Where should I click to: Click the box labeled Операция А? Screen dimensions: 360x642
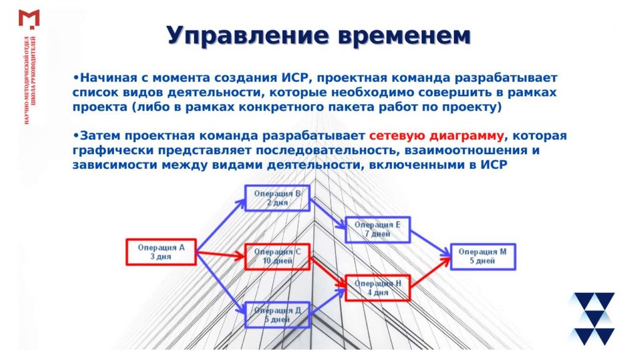pos(161,252)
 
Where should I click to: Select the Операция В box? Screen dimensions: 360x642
pos(275,198)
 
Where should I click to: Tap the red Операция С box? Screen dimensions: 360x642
pos(276,256)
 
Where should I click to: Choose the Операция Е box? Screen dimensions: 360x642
pos(377,230)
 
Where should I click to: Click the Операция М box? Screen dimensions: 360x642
pos(482,256)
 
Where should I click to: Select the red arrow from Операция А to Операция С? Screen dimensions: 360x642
pos(220,254)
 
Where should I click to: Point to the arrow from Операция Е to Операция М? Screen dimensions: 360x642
pos(430,243)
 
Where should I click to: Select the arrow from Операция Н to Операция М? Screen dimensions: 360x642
pos(430,272)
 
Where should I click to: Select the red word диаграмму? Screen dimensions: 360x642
pos(468,135)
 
